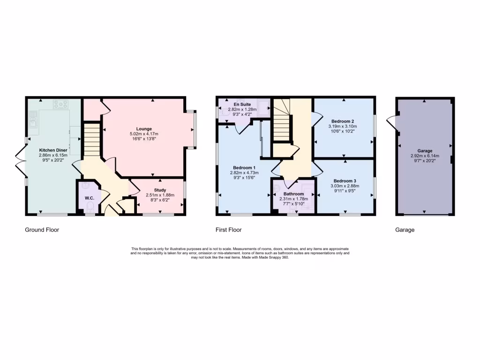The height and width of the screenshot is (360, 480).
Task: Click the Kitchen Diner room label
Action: click(53, 150)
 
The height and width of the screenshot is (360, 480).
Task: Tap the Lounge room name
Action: click(144, 129)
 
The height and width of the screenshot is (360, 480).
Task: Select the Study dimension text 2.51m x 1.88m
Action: click(157, 195)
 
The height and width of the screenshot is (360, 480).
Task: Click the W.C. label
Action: click(90, 198)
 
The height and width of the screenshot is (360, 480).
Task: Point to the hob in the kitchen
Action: click(61, 104)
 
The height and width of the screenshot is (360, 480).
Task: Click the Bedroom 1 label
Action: click(244, 167)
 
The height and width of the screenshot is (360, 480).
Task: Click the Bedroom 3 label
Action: click(345, 181)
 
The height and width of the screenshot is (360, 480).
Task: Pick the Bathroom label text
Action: click(293, 194)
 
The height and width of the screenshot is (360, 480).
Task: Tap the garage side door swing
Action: click(391, 123)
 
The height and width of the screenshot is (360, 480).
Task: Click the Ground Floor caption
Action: click(42, 230)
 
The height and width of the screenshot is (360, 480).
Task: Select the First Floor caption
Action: click(229, 230)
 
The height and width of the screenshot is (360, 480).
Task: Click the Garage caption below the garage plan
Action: click(405, 230)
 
